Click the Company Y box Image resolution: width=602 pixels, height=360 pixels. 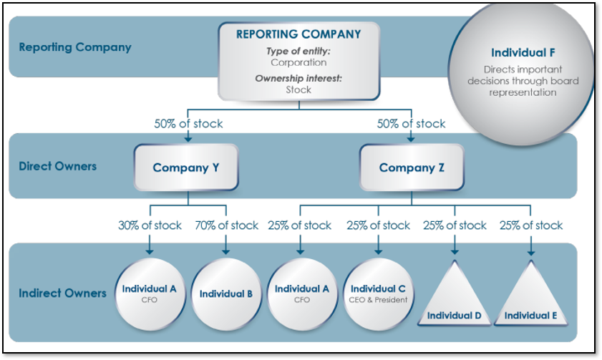tap(186, 167)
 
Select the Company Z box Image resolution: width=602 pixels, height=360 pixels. tap(412, 167)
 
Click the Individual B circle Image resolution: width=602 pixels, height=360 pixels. tap(226, 294)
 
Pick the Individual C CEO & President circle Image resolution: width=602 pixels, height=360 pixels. tap(378, 294)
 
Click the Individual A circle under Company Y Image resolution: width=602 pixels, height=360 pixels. tap(150, 294)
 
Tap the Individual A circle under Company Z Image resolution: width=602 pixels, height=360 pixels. tap(302, 294)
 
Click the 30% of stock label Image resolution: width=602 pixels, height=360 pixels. tap(150, 225)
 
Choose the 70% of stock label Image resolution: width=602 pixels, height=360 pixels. tap(226, 225)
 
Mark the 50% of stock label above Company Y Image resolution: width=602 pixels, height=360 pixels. tap(188, 124)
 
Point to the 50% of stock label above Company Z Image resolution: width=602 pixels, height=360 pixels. tap(411, 124)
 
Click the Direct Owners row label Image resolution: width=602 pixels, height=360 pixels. tap(57, 166)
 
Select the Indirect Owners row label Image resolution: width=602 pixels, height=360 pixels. tap(62, 293)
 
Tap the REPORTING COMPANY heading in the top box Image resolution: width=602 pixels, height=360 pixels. tap(298, 34)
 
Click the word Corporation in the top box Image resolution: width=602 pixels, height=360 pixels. tap(298, 62)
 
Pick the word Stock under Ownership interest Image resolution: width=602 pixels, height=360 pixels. tap(298, 89)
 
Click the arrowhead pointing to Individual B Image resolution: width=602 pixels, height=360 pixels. tap(226, 251)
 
